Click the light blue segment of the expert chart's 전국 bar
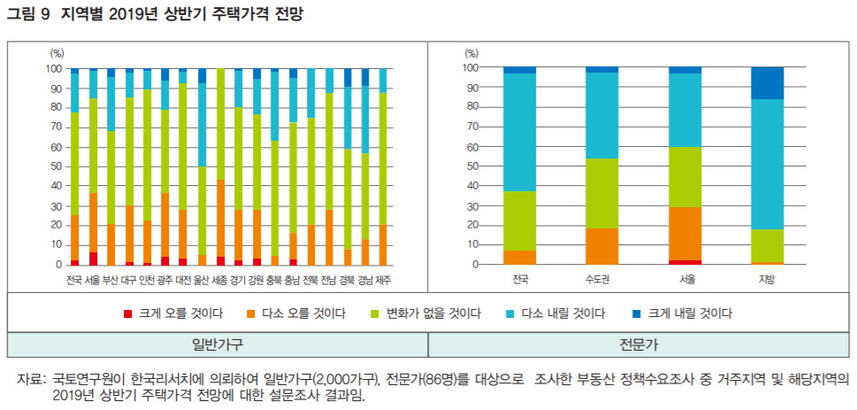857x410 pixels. click(x=519, y=132)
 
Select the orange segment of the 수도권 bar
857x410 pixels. click(x=601, y=246)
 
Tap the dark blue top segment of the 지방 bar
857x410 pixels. click(x=767, y=82)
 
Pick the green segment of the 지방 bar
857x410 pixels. click(x=767, y=245)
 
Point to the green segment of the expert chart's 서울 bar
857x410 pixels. click(x=685, y=176)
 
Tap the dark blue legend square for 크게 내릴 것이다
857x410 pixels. click(x=636, y=313)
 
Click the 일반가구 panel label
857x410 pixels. click(x=218, y=344)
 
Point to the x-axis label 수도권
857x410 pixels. click(x=601, y=281)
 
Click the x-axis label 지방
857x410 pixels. click(x=767, y=281)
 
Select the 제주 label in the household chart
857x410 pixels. click(x=383, y=282)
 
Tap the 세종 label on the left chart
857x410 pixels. click(x=220, y=282)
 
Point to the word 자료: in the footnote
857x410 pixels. click(x=31, y=379)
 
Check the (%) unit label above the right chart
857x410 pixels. click(x=471, y=53)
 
